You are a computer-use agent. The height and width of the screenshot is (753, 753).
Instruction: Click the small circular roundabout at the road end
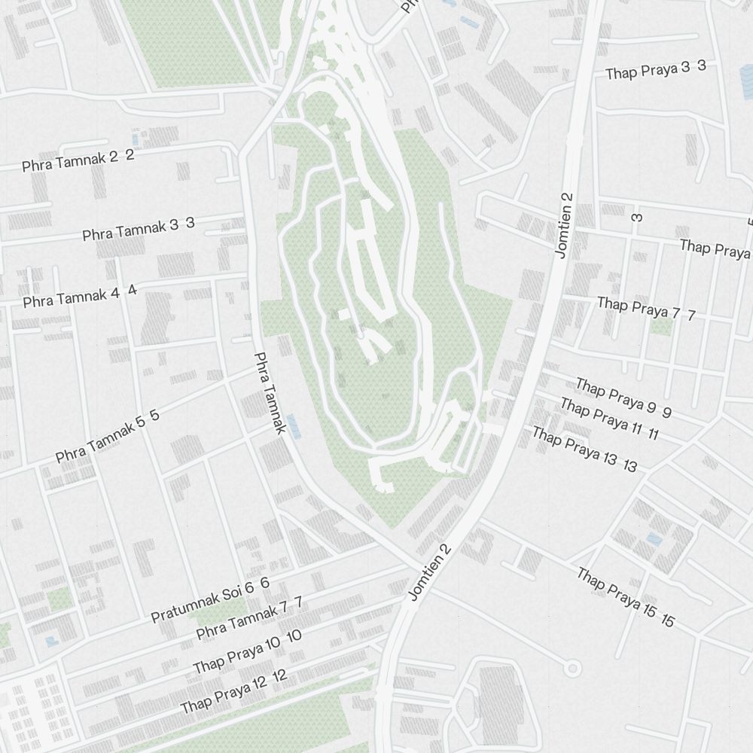pos(572,667)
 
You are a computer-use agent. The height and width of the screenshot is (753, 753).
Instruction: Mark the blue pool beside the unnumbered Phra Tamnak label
pos(294,426)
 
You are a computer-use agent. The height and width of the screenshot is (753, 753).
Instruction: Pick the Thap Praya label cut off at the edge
pos(715,248)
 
